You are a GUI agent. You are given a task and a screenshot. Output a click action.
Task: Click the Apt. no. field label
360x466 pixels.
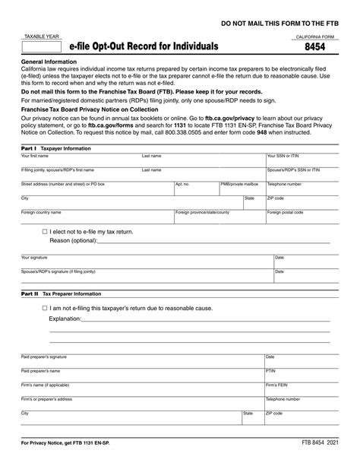[x=182, y=184]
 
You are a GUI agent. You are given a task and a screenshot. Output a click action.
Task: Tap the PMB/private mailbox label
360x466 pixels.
[x=239, y=184]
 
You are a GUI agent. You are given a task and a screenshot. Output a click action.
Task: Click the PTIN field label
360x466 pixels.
[x=270, y=371]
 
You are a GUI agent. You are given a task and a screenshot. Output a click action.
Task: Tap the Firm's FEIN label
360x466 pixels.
[x=276, y=385]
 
